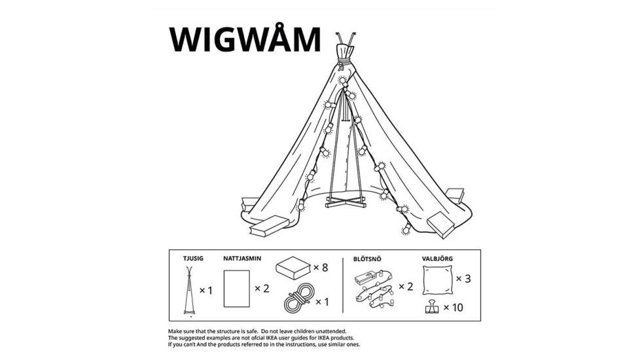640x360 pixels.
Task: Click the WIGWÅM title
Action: (x=245, y=39)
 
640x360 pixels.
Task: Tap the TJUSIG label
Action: (x=193, y=259)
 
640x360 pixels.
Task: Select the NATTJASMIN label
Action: (x=242, y=259)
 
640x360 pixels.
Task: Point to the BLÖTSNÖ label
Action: (x=367, y=259)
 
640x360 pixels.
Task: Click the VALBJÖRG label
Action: (x=437, y=259)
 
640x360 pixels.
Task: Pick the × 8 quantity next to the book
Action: (x=321, y=268)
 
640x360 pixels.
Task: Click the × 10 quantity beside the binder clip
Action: (x=453, y=308)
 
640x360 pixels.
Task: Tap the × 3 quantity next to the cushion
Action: (x=463, y=279)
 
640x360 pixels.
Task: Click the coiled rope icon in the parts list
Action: (x=299, y=298)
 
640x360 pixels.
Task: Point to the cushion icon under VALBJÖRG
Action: (x=438, y=279)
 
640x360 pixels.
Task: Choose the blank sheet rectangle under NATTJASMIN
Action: (x=237, y=289)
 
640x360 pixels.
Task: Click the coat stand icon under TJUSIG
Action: (x=189, y=291)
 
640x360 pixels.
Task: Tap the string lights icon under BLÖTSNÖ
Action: (x=375, y=288)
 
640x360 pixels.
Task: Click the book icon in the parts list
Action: (x=293, y=268)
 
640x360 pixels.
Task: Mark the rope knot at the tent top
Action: (x=343, y=63)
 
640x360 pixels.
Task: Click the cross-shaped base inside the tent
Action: (x=346, y=201)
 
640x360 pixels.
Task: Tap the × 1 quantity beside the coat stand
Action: (x=206, y=291)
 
